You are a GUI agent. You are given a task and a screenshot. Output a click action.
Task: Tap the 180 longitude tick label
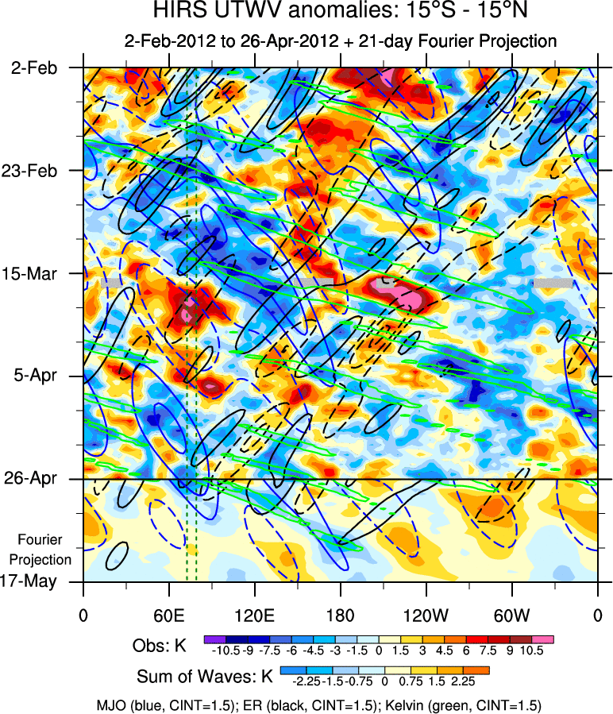[340, 616]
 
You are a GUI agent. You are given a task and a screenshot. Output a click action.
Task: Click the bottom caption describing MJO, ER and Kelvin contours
[306, 704]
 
